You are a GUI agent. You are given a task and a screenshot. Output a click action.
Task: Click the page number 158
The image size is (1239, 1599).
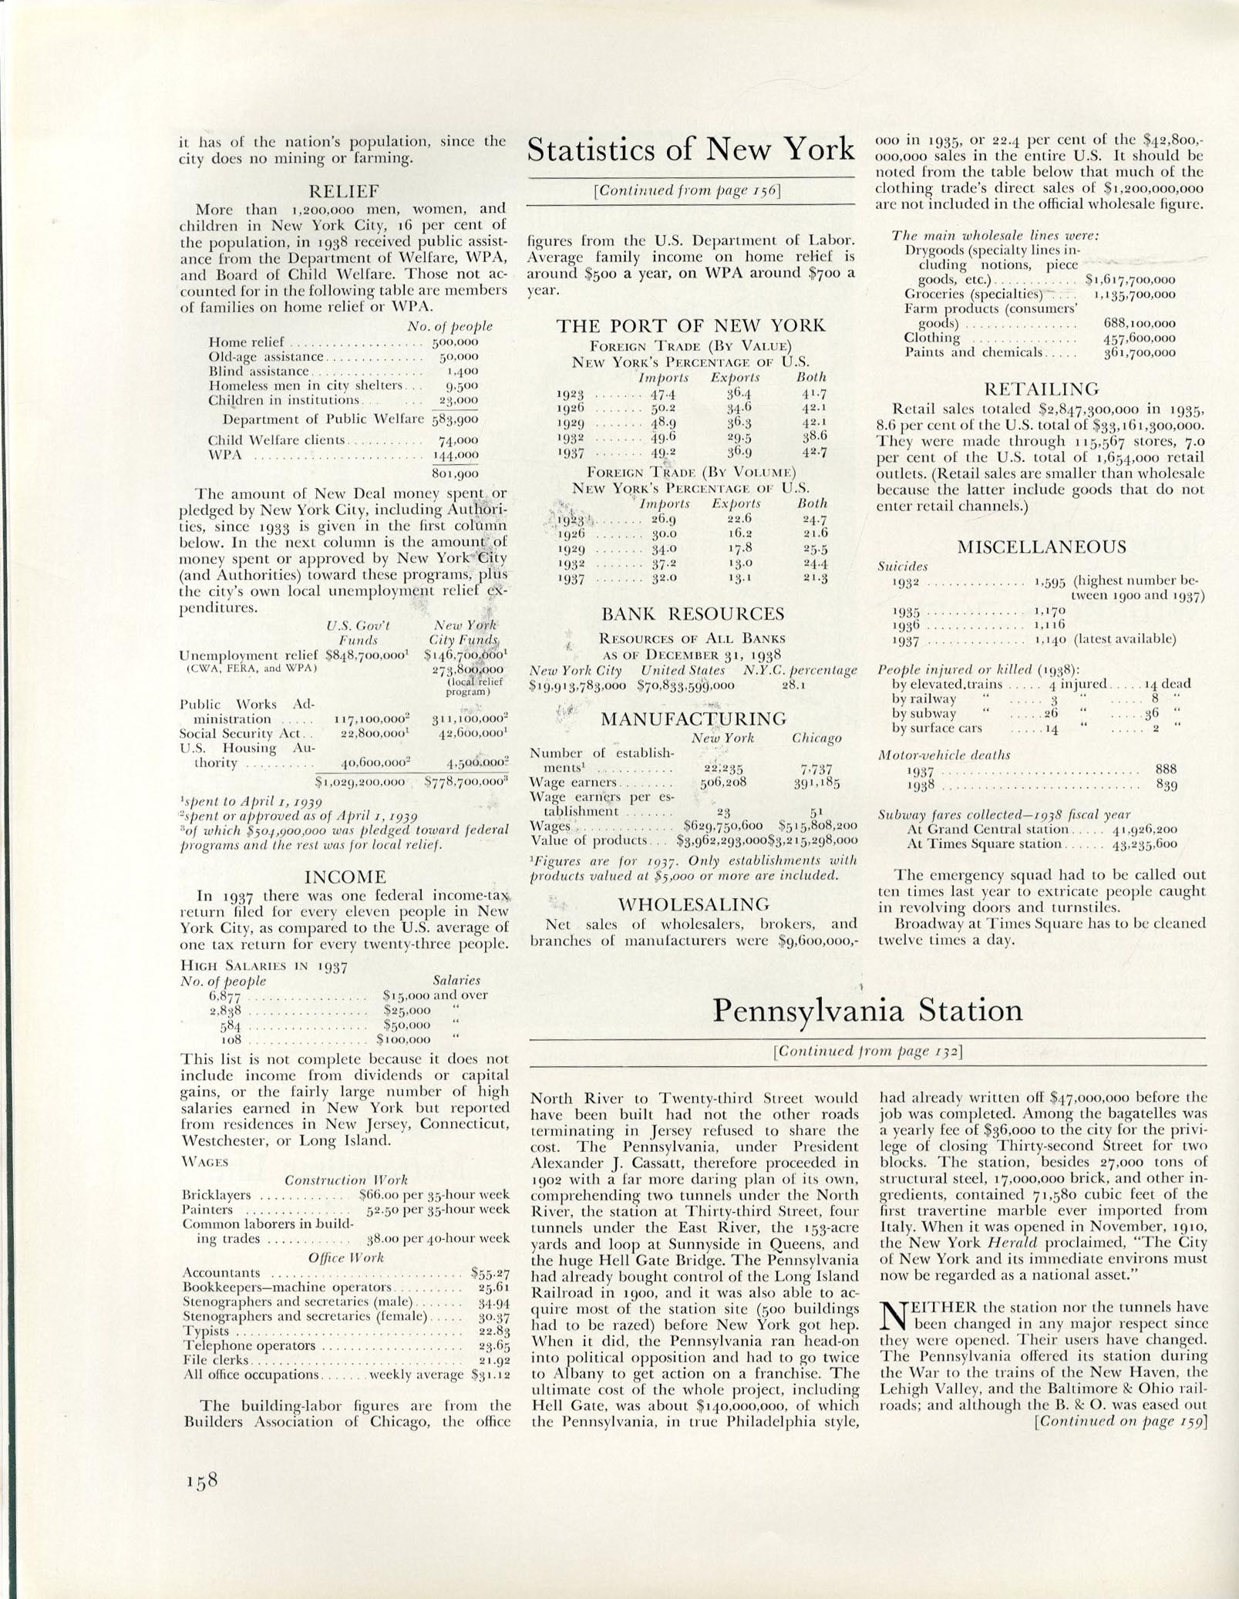coord(202,1480)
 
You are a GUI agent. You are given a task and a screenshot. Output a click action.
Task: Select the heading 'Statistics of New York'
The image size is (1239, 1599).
coord(690,148)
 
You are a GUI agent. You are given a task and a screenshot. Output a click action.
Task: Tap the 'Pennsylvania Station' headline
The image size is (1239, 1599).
coord(867,1010)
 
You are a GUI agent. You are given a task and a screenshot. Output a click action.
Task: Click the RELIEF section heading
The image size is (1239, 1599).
coord(343,191)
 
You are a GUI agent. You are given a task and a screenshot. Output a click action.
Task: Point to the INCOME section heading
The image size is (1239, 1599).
coord(345,877)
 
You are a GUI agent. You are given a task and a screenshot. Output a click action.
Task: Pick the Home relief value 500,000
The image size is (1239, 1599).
coord(455,342)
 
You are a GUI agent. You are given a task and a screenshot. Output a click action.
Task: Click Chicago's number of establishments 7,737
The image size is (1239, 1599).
coord(811,769)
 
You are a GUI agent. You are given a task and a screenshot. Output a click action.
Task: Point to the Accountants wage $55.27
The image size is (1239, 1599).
coord(490,1273)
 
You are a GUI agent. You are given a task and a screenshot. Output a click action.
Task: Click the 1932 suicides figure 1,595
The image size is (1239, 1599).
coord(1049,581)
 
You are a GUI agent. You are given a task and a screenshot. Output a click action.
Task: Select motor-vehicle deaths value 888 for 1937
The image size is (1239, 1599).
coord(1166,769)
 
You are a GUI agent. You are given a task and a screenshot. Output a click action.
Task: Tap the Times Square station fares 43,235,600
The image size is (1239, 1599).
coord(1143,844)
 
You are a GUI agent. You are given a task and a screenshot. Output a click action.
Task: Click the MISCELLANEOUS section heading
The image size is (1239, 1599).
coord(1041,547)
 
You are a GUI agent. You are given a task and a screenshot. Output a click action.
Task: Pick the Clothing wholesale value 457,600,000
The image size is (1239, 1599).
coord(1140,338)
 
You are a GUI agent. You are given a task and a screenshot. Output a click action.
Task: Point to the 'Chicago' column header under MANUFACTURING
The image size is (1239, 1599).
coord(816,739)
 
